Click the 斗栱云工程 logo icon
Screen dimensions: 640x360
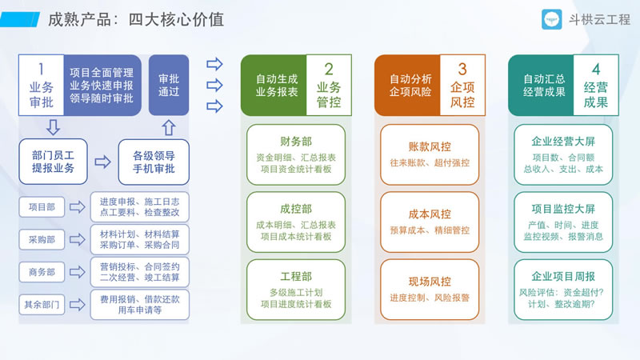click(551, 19)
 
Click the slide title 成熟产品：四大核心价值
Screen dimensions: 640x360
click(136, 19)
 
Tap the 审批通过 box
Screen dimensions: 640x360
click(169, 85)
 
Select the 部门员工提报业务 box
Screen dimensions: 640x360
click(53, 162)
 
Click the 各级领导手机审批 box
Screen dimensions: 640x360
click(154, 162)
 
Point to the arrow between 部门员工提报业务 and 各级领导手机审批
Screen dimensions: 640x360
click(102, 162)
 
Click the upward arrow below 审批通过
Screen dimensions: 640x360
click(169, 127)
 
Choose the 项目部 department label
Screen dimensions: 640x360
click(42, 207)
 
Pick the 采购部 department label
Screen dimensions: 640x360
click(42, 239)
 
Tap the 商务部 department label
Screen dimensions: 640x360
click(42, 272)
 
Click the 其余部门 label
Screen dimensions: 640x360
click(42, 305)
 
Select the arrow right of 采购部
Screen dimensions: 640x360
click(77, 239)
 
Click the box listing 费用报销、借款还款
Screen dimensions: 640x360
click(139, 305)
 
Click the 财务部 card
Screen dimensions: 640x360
click(296, 154)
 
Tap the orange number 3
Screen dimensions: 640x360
click(462, 70)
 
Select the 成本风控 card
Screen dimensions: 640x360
click(430, 222)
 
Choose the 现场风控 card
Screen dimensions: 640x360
click(430, 290)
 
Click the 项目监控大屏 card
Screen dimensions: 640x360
click(563, 222)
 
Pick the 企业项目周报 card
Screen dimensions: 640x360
click(563, 290)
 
